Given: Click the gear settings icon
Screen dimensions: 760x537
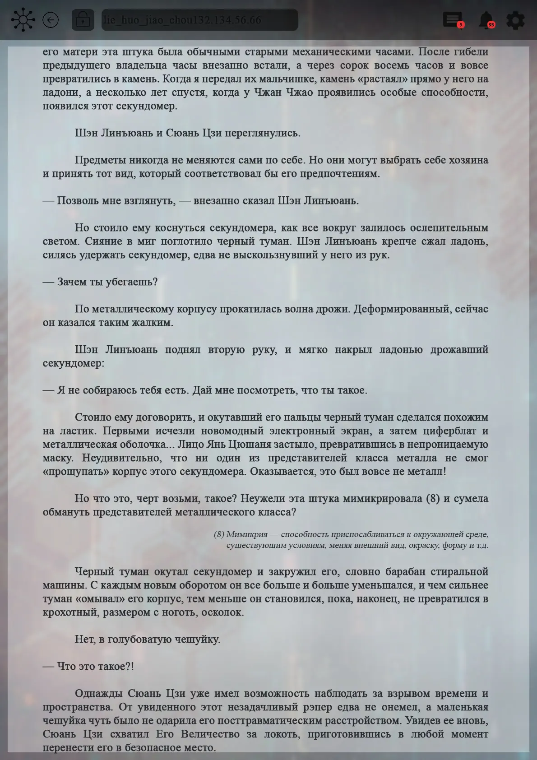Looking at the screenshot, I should [x=515, y=20].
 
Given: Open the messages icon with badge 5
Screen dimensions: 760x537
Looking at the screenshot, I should [x=452, y=19].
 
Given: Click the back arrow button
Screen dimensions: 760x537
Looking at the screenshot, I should [x=51, y=20].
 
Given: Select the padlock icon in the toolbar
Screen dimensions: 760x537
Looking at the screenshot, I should [x=83, y=20].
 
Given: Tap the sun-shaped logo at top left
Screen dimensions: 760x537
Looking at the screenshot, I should [x=23, y=20].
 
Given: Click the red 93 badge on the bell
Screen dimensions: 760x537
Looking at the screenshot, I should [x=491, y=25].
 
